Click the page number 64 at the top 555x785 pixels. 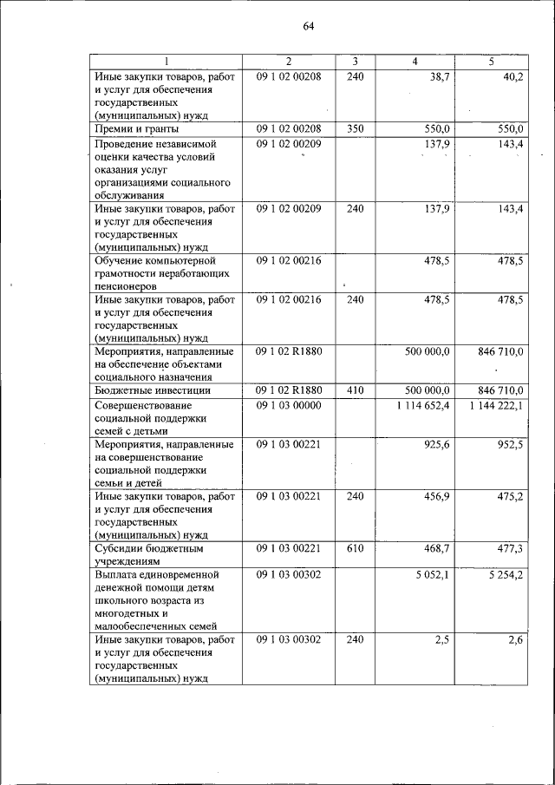coord(308,26)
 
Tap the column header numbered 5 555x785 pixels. coord(492,62)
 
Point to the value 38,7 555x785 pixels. coord(438,76)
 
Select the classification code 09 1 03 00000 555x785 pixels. coord(289,405)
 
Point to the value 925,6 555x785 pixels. coord(435,444)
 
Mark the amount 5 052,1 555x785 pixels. coord(430,575)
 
